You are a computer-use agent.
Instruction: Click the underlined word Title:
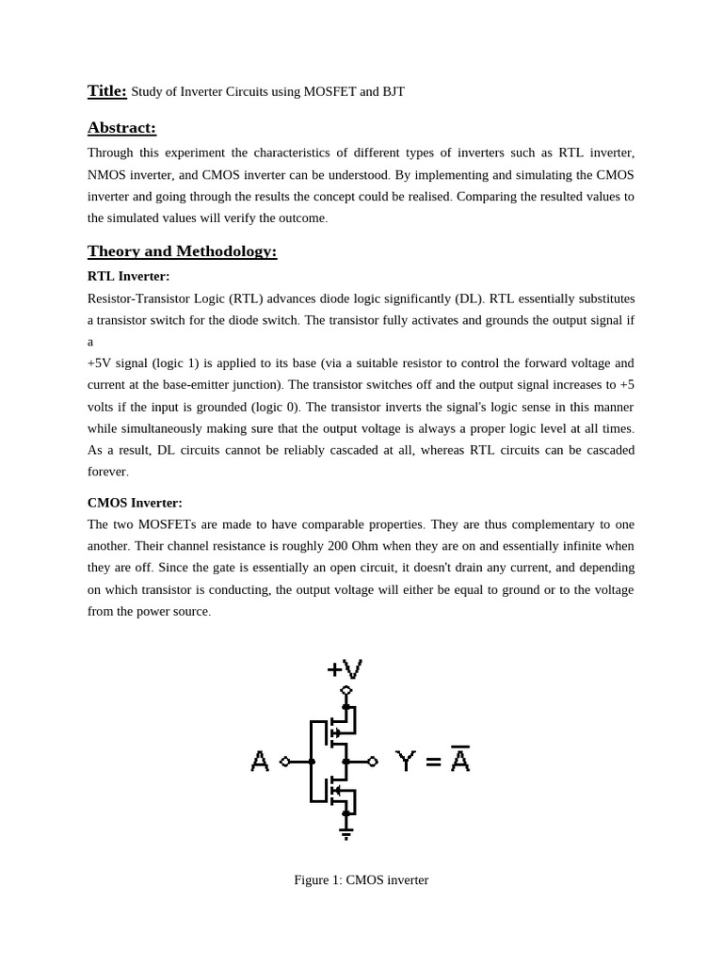[106, 91]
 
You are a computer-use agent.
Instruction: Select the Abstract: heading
[121, 128]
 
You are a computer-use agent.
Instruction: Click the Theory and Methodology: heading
[182, 251]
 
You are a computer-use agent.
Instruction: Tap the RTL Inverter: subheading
[128, 276]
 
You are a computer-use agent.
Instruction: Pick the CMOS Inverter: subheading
[135, 503]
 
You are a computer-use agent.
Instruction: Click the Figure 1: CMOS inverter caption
[361, 880]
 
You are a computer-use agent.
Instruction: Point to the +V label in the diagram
[345, 669]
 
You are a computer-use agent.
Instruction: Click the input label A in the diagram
[260, 762]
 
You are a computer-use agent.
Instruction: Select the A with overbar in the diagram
[459, 760]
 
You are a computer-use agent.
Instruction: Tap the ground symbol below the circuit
[345, 831]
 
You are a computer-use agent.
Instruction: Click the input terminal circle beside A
[284, 762]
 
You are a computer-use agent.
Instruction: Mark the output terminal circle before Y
[373, 762]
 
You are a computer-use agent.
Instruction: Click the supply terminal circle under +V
[345, 690]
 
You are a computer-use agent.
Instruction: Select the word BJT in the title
[393, 92]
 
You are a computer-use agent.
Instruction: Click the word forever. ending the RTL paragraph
[107, 472]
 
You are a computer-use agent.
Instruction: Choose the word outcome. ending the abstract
[301, 218]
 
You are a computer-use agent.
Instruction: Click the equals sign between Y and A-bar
[432, 762]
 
